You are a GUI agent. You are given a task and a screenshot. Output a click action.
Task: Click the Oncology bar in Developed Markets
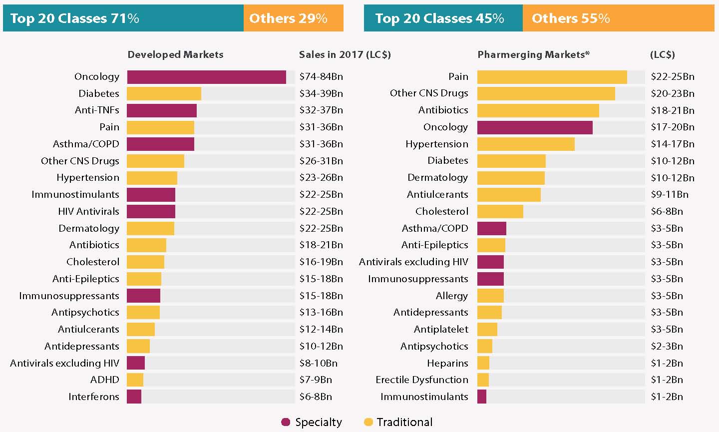coord(206,77)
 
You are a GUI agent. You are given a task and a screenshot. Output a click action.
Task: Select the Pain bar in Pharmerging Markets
coord(552,77)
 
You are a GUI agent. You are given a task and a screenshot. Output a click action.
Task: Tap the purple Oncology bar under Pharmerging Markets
coord(535,127)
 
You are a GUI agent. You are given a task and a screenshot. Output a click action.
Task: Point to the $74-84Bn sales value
coord(321,77)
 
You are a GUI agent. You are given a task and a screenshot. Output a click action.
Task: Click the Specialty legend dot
coord(286,422)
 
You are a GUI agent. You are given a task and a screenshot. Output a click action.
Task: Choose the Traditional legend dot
coord(368,422)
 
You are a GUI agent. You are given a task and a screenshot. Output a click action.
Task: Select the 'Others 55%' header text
coord(571,18)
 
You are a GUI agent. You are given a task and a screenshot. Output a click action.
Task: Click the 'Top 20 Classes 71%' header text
coord(74,18)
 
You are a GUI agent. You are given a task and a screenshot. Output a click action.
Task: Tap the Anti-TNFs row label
coord(97,110)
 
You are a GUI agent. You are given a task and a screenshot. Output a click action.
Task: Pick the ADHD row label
coord(105,380)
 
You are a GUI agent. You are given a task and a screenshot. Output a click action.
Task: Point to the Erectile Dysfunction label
coord(422,380)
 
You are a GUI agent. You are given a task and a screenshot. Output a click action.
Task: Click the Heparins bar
coord(483,363)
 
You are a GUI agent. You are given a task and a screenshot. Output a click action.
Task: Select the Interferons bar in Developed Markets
coord(134,397)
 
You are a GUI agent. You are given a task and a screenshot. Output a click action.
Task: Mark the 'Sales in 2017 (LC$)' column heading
coord(345,54)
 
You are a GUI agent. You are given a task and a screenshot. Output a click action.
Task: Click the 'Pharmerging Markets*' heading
coord(533,54)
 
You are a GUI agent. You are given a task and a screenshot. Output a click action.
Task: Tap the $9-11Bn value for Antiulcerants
coord(669,194)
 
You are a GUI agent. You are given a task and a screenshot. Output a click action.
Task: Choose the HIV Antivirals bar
coord(151,211)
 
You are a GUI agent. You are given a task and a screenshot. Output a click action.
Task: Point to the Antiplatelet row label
coord(441,330)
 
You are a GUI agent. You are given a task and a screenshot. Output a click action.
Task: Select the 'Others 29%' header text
coord(288,18)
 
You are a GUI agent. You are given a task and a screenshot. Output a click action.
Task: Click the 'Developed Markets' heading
coord(175,54)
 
